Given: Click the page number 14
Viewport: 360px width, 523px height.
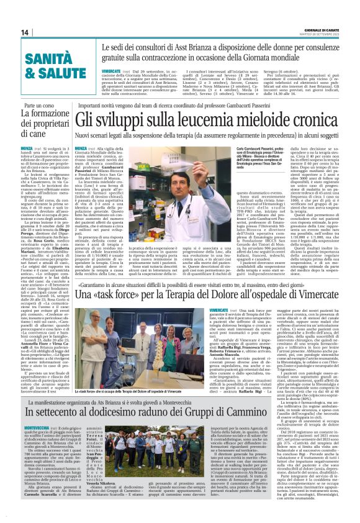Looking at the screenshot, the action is pos(24,32).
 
